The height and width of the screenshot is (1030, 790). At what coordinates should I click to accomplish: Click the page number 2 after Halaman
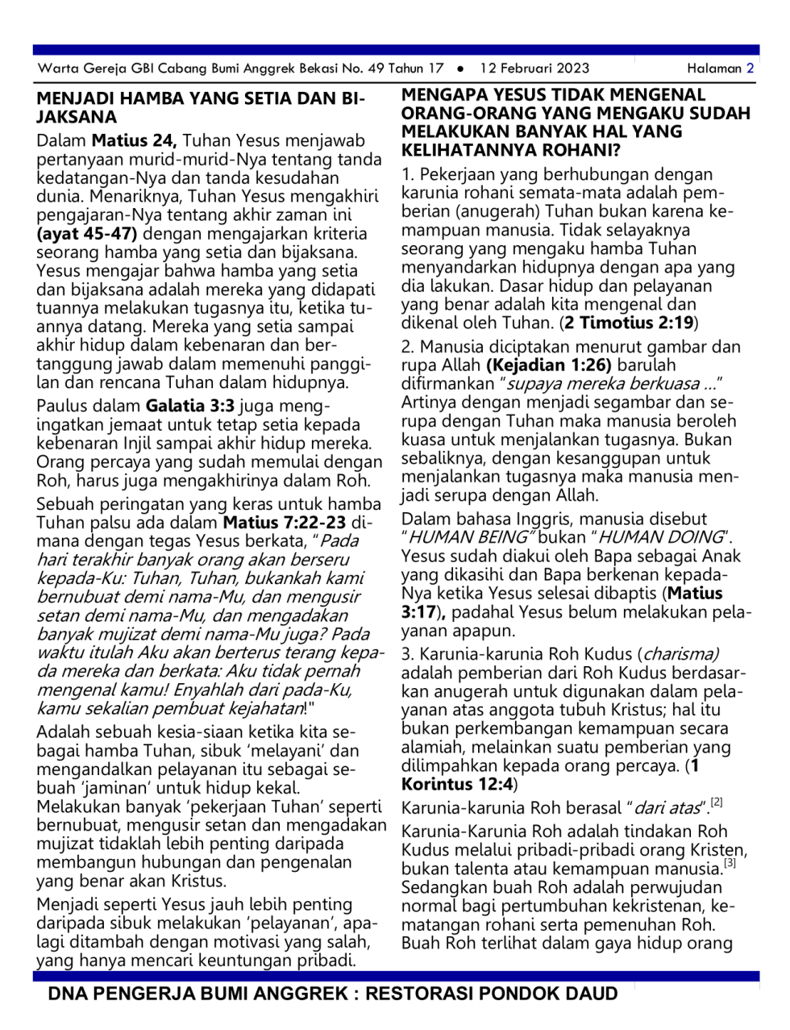tap(750, 69)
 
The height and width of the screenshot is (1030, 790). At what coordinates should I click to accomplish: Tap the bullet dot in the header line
tap(460, 69)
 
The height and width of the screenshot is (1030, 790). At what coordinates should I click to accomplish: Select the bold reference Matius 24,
tap(134, 141)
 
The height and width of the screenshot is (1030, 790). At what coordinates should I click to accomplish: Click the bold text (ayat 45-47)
tap(87, 235)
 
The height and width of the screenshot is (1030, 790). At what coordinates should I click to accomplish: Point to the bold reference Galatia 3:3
tap(190, 407)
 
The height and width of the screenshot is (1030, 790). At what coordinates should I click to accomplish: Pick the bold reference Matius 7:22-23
tap(285, 523)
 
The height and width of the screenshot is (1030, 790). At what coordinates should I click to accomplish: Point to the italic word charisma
tap(680, 654)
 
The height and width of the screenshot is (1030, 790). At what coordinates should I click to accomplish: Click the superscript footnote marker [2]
tap(717, 803)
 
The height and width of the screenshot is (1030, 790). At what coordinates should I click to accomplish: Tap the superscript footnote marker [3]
tap(730, 863)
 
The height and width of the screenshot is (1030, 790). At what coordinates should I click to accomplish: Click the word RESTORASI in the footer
tap(422, 994)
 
